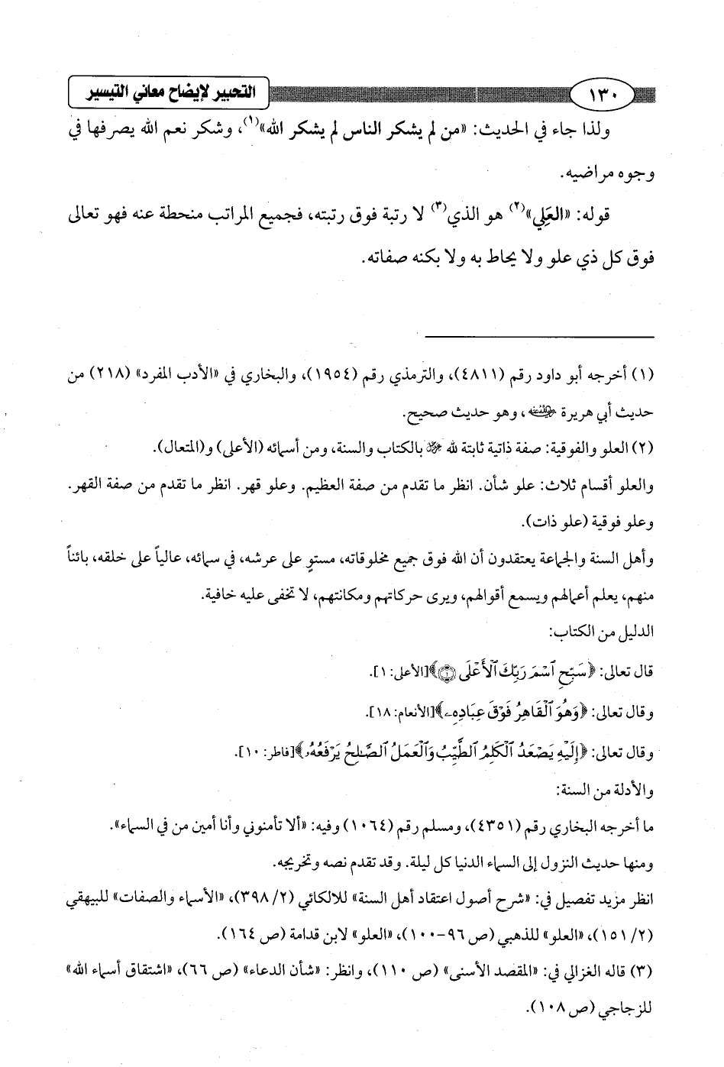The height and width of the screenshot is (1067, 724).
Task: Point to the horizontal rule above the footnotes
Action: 539,337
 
